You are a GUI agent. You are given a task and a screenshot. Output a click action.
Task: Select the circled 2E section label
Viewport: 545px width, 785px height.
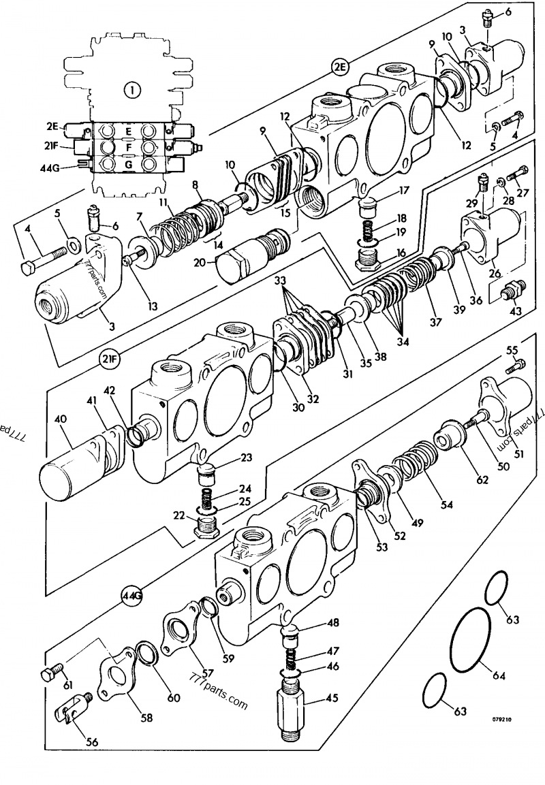(x=340, y=66)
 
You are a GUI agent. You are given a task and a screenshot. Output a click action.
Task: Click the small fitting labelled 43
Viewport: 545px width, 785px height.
(x=509, y=293)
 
